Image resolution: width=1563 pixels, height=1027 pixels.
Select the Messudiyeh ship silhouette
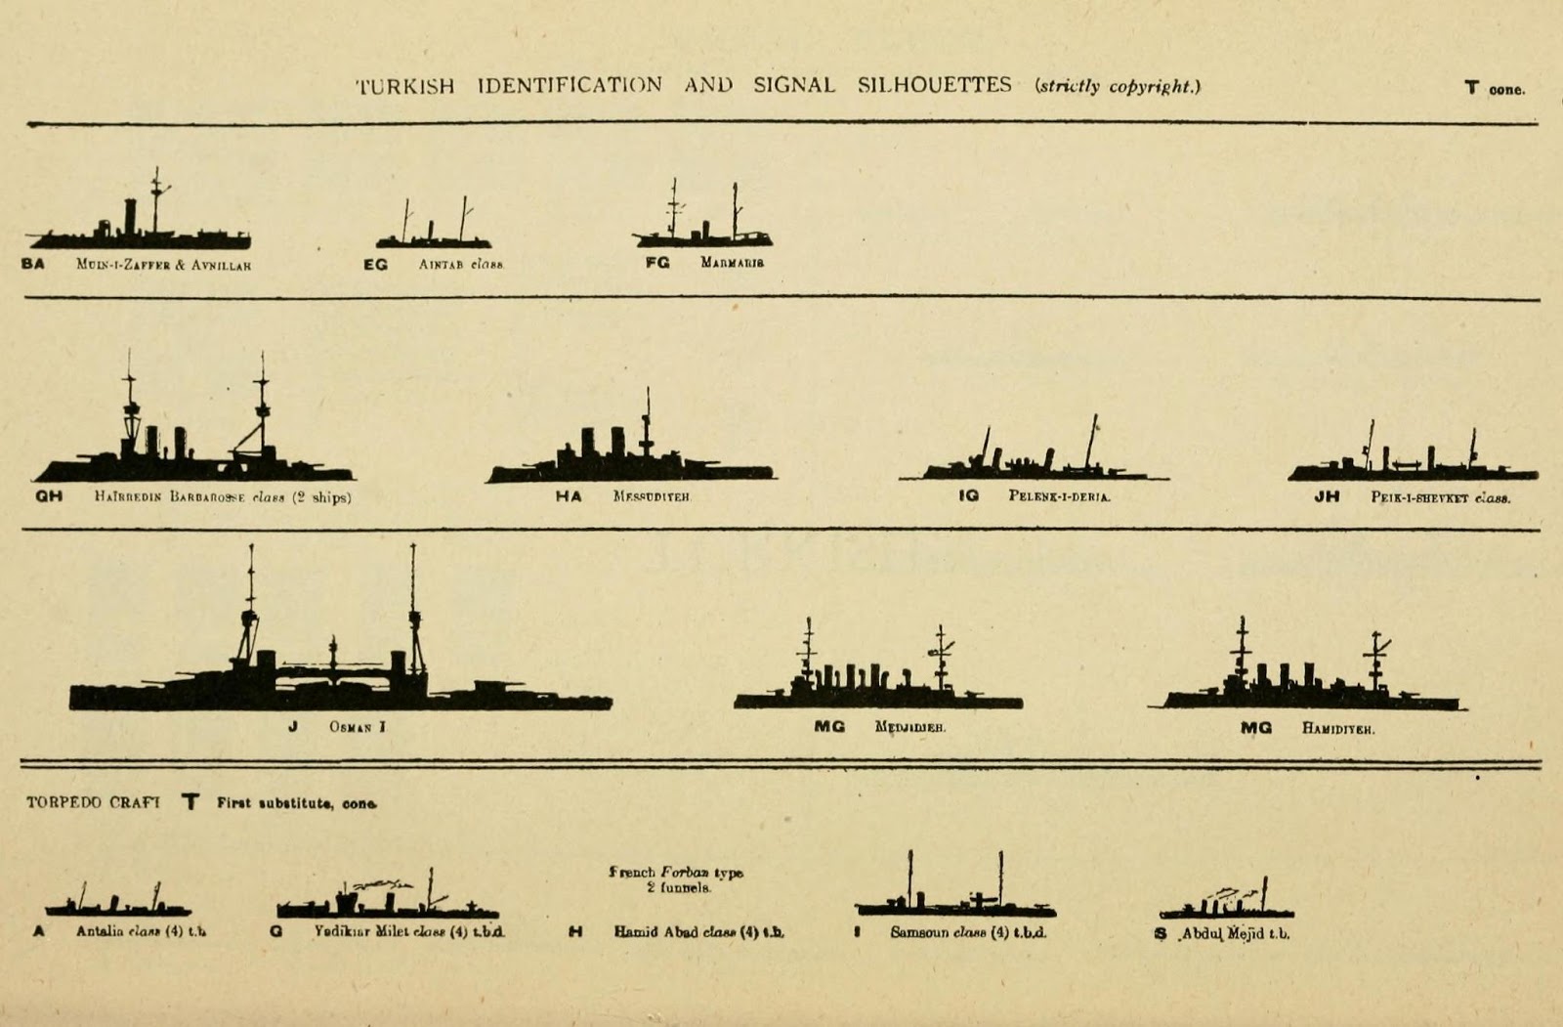click(630, 462)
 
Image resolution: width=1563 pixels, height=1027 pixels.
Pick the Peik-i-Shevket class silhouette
click(1412, 467)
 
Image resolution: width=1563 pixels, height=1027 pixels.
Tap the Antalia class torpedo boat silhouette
click(117, 905)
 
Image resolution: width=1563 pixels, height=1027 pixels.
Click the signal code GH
click(49, 496)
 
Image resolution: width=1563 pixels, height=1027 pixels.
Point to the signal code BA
click(33, 264)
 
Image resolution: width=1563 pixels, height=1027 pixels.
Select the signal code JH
click(1326, 496)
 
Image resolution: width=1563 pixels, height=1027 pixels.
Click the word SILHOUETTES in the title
click(934, 85)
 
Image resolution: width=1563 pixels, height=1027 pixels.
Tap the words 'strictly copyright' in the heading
click(1118, 86)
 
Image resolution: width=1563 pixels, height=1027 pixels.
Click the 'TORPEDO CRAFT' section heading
click(93, 802)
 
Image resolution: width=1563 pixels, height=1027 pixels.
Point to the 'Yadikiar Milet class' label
click(409, 932)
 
